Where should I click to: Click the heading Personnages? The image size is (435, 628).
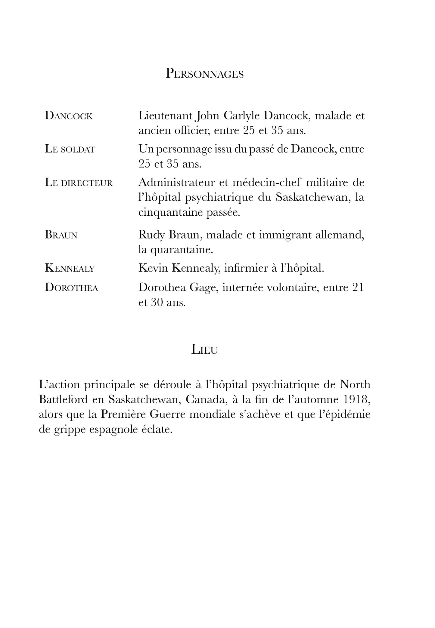204,74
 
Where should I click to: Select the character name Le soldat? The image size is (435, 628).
70,149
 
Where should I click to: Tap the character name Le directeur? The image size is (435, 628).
79,183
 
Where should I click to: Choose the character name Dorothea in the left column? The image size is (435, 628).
72,288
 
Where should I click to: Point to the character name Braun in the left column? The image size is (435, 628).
61,235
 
